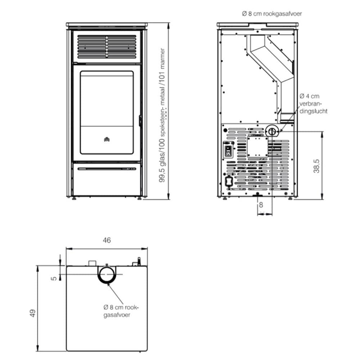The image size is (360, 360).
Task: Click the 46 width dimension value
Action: tap(107, 240)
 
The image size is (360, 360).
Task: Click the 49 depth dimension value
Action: tap(33, 313)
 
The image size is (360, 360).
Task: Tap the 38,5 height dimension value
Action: tap(316, 166)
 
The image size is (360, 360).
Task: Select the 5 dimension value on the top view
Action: tap(54, 278)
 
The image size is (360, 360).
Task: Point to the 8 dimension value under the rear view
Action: tap(261, 204)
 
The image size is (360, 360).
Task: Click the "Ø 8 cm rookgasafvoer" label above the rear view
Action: tap(272, 14)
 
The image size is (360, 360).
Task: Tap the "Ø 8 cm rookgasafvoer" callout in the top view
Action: tap(121, 311)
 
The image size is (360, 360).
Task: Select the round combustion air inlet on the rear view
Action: tap(272, 131)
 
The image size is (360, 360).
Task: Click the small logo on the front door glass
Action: tap(107, 139)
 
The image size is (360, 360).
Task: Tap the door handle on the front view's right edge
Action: tap(140, 121)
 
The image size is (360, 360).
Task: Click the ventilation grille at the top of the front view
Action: tap(107, 46)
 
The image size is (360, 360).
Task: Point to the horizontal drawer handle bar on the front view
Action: tap(107, 169)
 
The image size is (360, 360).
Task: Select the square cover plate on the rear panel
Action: tap(257, 147)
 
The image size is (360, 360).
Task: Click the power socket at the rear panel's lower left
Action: tap(229, 181)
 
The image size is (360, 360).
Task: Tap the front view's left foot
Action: tap(74, 198)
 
